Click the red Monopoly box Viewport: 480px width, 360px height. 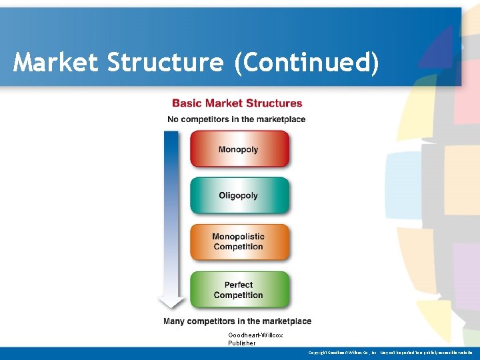pos(239,149)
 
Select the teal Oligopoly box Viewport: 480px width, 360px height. pos(239,195)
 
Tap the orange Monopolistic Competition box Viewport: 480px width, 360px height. pos(239,241)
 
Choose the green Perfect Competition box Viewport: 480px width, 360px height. pos(239,289)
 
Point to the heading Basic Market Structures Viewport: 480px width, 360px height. pos(237,103)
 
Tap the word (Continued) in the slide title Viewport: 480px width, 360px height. pos(306,63)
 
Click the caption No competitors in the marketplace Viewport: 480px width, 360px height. pos(236,119)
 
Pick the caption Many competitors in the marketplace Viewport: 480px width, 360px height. pos(237,321)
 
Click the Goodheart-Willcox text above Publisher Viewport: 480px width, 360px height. pos(255,335)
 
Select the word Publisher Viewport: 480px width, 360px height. pos(241,343)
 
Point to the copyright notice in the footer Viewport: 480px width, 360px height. pos(390,352)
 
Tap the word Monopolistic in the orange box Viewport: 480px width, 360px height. pos(238,237)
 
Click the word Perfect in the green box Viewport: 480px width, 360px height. pos(238,285)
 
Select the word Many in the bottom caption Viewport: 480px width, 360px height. pos(175,321)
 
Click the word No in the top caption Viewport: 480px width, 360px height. pos(173,119)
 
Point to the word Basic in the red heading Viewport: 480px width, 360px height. pos(187,103)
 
